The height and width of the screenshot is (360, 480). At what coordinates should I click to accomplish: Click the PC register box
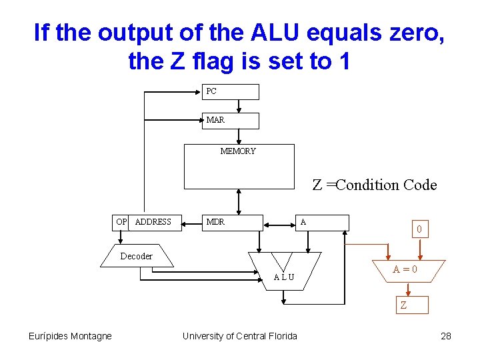click(x=230, y=91)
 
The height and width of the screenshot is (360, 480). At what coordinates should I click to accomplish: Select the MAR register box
click(x=230, y=120)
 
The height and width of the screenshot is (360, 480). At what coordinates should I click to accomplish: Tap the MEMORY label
click(x=238, y=151)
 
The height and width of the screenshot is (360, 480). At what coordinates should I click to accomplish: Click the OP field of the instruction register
click(x=121, y=222)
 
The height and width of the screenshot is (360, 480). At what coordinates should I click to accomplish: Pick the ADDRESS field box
click(x=155, y=222)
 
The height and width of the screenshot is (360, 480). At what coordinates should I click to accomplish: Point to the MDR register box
click(x=233, y=222)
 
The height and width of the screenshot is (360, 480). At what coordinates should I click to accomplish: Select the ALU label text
click(x=284, y=277)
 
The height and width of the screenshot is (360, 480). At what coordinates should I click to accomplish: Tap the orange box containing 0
click(x=419, y=229)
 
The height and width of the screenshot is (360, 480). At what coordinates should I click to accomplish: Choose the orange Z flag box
click(x=411, y=305)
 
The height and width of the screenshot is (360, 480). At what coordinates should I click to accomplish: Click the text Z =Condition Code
click(x=375, y=185)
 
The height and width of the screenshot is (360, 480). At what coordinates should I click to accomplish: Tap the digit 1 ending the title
click(x=344, y=61)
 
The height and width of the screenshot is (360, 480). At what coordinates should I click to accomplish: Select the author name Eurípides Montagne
click(x=70, y=336)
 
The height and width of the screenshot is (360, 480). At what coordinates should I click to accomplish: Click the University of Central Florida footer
click(x=240, y=336)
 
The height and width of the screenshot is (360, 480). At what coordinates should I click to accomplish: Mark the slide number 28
click(x=446, y=336)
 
